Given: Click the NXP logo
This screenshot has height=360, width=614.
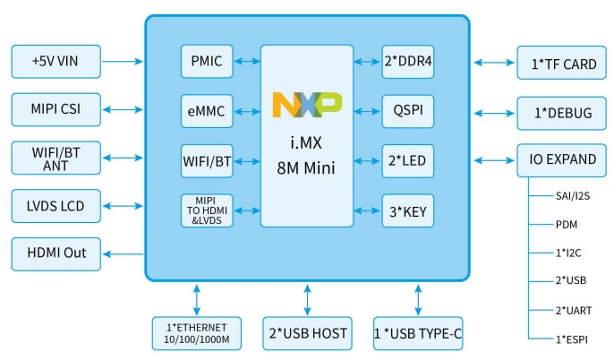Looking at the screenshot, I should click(306, 106).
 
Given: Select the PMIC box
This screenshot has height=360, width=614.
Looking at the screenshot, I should click(207, 63).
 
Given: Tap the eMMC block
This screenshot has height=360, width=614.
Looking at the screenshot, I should click(207, 112).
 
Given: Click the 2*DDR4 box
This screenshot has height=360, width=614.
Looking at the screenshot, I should click(408, 63).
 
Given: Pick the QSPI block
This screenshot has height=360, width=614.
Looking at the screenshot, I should click(408, 112).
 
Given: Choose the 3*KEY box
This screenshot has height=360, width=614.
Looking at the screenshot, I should click(408, 211).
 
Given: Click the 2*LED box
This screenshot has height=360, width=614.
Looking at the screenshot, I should click(408, 161).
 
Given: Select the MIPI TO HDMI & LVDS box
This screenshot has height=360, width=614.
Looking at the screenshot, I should click(207, 211).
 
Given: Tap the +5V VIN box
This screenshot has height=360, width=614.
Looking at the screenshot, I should click(56, 63).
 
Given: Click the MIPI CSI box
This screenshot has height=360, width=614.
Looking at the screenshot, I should click(56, 111).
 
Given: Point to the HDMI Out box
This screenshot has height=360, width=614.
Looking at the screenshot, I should click(56, 253).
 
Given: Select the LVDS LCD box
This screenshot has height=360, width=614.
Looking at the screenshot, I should click(56, 206).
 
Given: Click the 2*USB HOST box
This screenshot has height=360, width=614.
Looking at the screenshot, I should click(306, 332).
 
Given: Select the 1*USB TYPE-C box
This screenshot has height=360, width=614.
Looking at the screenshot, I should click(418, 332).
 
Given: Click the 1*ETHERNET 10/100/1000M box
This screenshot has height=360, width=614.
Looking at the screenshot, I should click(195, 332).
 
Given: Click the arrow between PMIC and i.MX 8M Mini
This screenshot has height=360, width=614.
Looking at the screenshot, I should click(247, 63).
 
